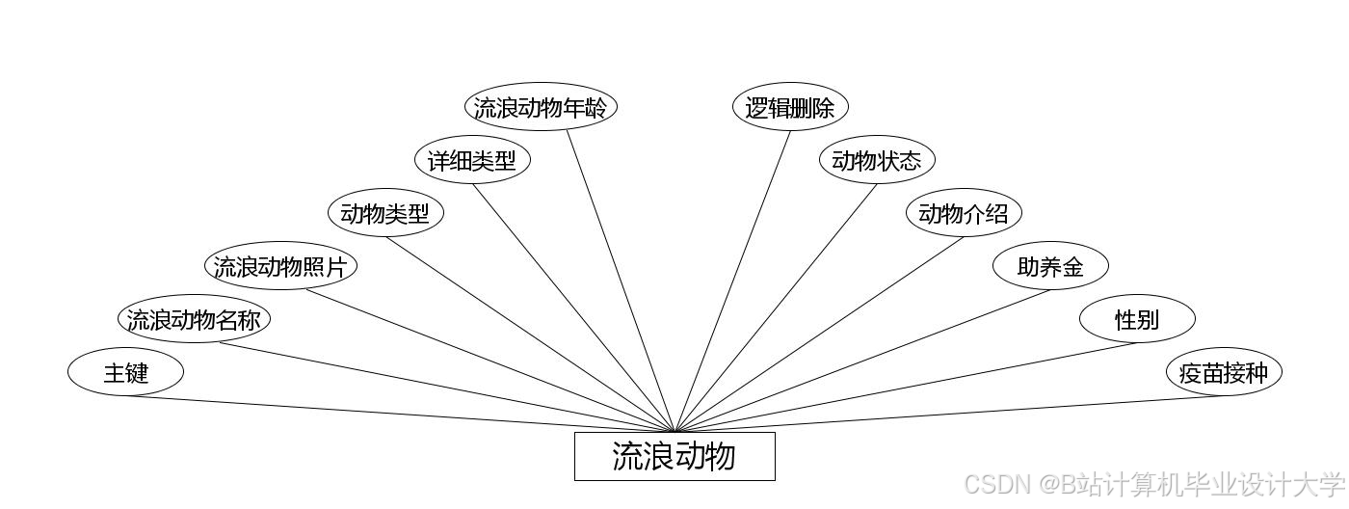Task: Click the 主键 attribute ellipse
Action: (x=125, y=372)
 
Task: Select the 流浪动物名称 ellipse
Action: (x=194, y=319)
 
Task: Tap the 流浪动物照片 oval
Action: (x=280, y=266)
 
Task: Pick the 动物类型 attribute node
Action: (x=385, y=213)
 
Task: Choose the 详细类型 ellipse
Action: (x=472, y=160)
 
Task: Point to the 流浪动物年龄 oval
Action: (x=541, y=107)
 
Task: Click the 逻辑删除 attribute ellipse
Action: (x=790, y=107)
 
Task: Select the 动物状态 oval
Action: (x=877, y=160)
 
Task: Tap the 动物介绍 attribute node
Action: (x=964, y=213)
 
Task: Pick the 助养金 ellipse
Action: (x=1050, y=266)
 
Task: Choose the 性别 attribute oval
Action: (x=1137, y=319)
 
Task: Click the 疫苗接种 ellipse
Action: (x=1224, y=372)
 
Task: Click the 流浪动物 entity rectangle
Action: (x=674, y=456)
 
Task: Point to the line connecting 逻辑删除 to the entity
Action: (x=732, y=281)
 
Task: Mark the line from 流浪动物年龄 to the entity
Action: (x=621, y=281)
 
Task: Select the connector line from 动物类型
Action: (x=530, y=335)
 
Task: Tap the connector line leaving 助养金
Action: (x=862, y=361)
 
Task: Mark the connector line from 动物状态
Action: (x=776, y=308)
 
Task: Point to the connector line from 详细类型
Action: (x=573, y=308)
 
